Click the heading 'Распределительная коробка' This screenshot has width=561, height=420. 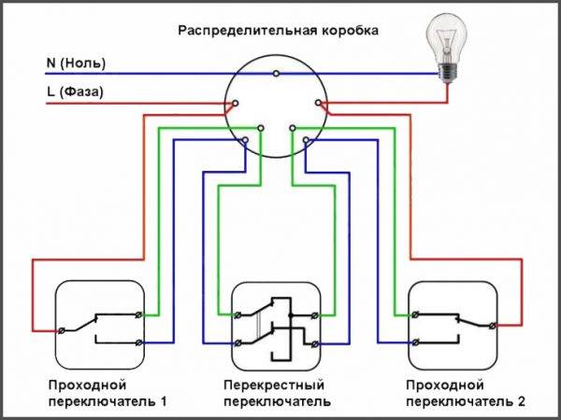279,31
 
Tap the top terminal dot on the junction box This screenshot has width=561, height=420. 275,73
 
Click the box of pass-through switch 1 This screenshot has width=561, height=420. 98,324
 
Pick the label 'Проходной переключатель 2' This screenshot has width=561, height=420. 466,393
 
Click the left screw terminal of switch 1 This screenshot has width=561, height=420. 63,329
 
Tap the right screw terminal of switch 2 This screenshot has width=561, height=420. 494,324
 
